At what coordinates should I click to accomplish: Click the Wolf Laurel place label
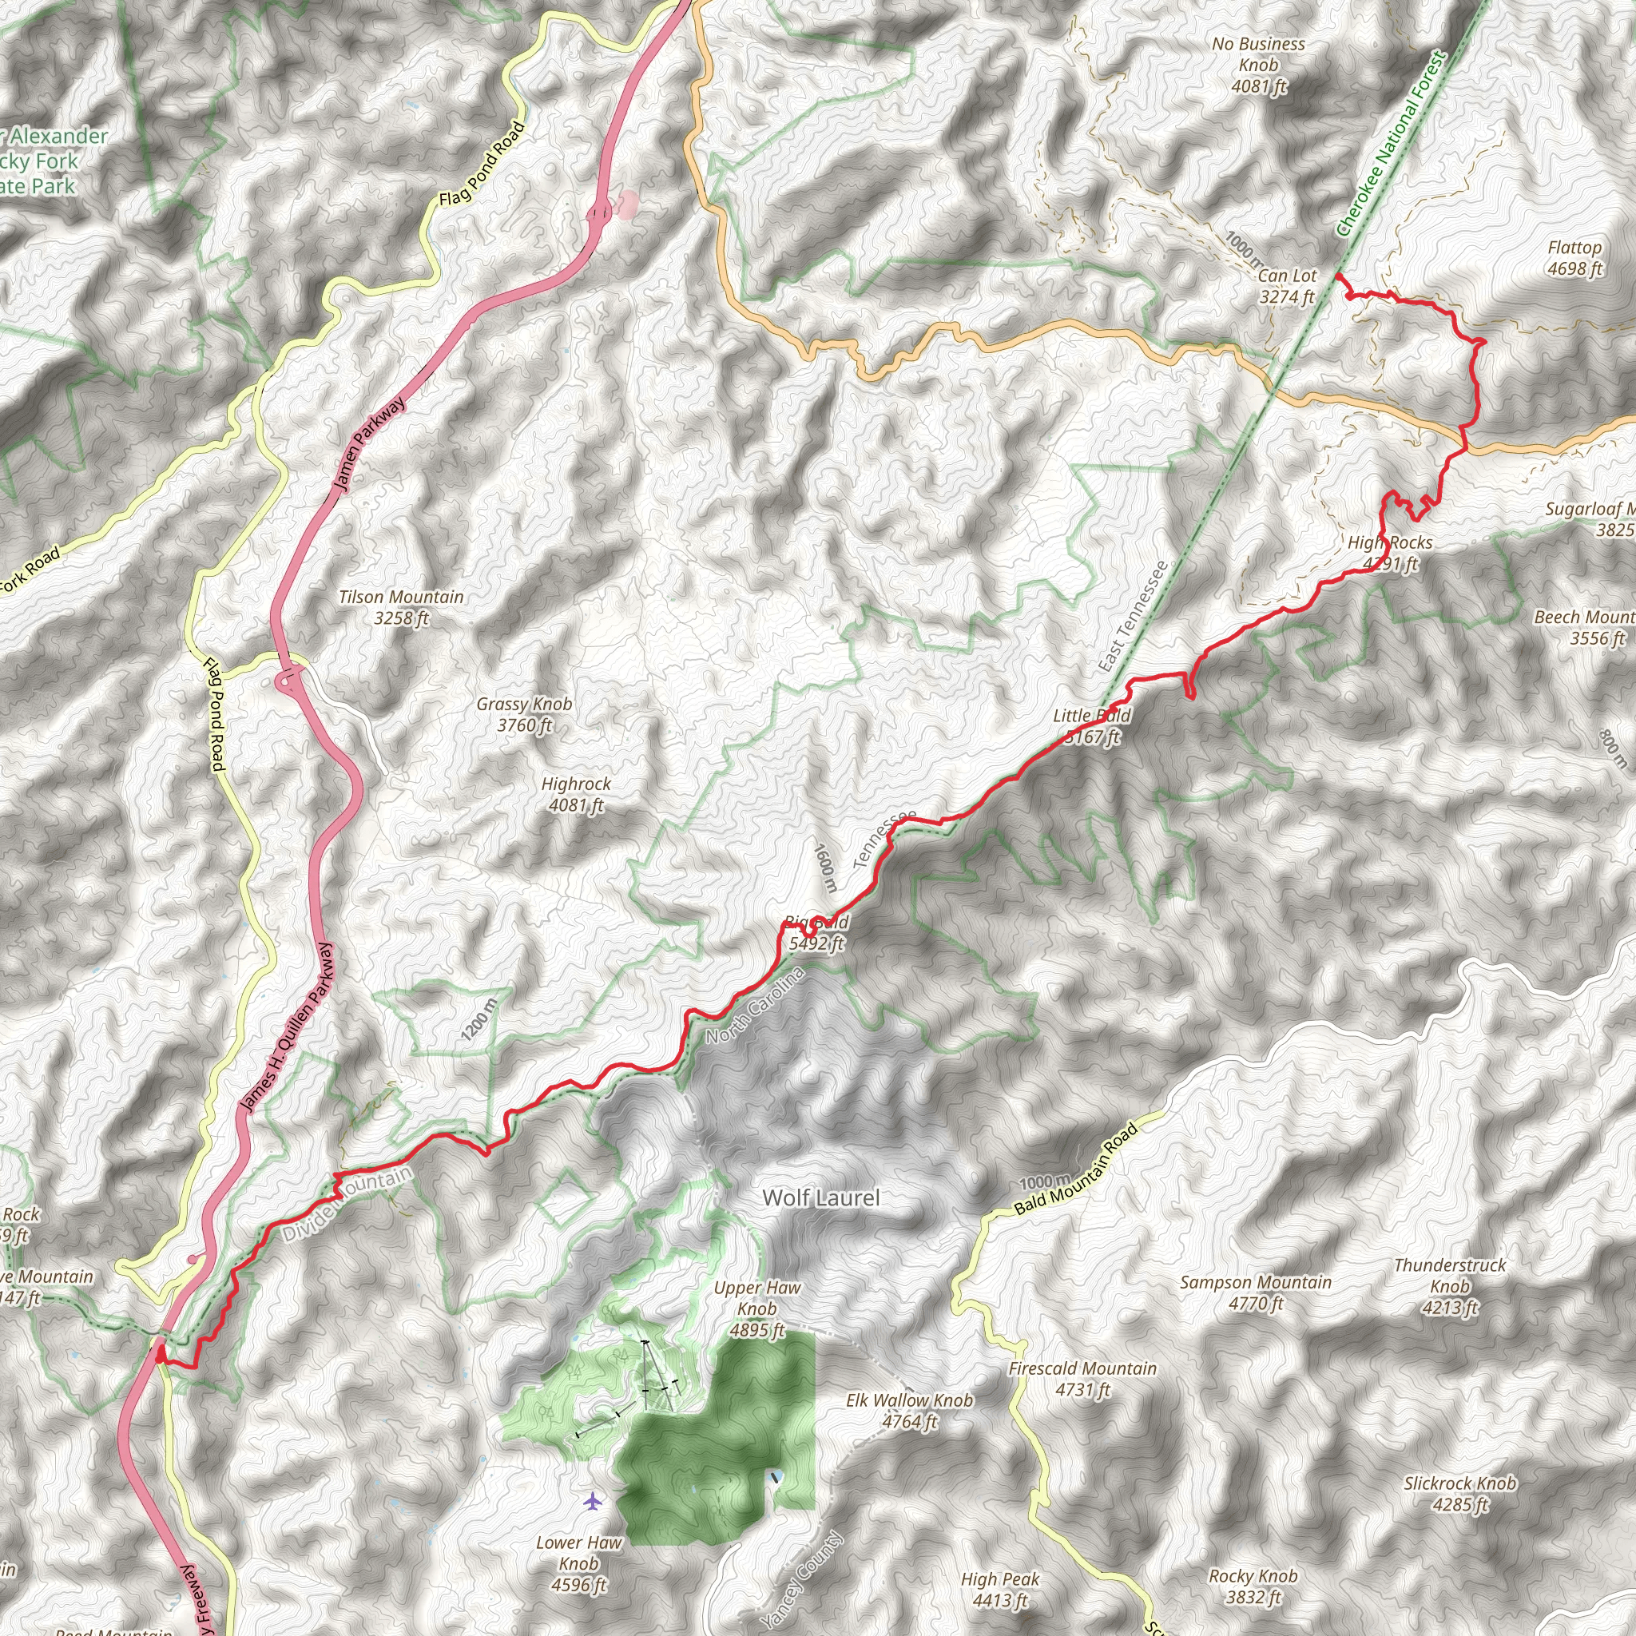820,1197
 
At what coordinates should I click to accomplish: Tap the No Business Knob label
1258,66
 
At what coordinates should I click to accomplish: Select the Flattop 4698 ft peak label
1574,258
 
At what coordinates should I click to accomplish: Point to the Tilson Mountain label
401,607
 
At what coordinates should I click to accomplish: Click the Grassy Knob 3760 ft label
524,714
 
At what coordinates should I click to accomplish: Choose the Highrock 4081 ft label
576,794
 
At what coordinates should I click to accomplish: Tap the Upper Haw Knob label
757,1308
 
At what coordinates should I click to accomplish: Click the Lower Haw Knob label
579,1563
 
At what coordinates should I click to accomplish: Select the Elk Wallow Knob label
909,1411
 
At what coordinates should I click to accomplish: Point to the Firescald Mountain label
1082,1379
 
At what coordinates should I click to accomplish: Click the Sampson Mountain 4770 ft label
1256,1293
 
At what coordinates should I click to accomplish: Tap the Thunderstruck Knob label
1450,1286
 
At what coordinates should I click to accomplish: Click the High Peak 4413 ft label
1000,1590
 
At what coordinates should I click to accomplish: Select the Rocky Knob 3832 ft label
1253,1586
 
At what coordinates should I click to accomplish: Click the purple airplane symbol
593,1501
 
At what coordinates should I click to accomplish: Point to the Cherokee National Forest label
1391,144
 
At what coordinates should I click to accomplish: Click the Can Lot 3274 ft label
1287,285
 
